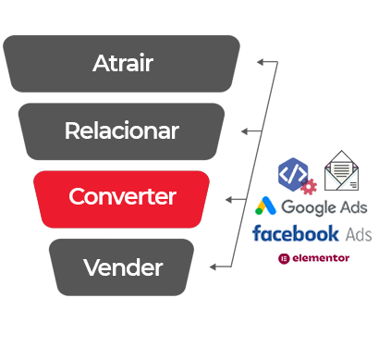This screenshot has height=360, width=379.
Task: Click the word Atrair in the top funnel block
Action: (x=123, y=63)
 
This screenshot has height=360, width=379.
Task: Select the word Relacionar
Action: (x=122, y=130)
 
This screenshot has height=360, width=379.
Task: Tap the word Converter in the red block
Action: (x=122, y=196)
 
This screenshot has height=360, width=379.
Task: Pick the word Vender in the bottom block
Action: (x=123, y=267)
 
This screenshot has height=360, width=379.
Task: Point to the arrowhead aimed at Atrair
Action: (x=261, y=62)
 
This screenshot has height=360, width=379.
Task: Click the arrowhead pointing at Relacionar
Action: (x=245, y=131)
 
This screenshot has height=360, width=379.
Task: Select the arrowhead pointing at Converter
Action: (x=228, y=200)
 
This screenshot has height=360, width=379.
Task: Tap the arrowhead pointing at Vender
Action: (x=213, y=267)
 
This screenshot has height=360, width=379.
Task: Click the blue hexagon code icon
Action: (x=293, y=174)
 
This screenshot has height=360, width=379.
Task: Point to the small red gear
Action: (x=309, y=187)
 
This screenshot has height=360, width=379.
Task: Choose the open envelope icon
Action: (x=341, y=170)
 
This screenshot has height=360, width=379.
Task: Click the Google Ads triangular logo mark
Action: (x=265, y=205)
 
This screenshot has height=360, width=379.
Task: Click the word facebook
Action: (x=296, y=233)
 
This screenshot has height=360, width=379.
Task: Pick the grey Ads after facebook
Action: (x=359, y=234)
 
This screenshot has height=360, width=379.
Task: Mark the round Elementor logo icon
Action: (x=284, y=258)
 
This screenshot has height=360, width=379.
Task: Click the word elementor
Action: (x=321, y=258)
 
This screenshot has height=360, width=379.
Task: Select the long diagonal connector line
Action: (x=254, y=165)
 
